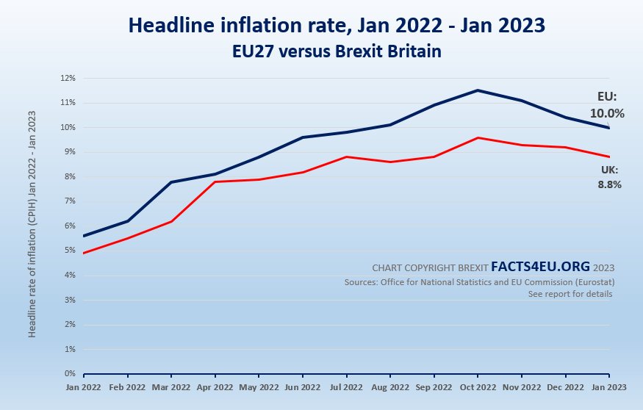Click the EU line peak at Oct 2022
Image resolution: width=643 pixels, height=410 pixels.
pyautogui.click(x=478, y=90)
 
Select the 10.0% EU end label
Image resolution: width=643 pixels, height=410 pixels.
pyautogui.click(x=607, y=114)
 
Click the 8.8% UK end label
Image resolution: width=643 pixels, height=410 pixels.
pyautogui.click(x=610, y=184)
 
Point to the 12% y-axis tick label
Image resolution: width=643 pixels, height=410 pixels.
pyautogui.click(x=68, y=78)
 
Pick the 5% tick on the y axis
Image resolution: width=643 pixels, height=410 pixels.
pyautogui.click(x=70, y=251)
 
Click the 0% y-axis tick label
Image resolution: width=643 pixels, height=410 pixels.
pyautogui.click(x=70, y=374)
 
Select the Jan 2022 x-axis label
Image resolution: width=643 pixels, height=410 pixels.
pyautogui.click(x=82, y=386)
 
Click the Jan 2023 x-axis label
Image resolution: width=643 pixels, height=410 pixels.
pyautogui.click(x=609, y=386)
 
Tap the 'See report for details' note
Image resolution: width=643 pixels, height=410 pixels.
pyautogui.click(x=570, y=294)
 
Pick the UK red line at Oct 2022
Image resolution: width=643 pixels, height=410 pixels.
pyautogui.click(x=478, y=137)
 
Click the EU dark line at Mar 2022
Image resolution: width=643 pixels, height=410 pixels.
pyautogui.click(x=171, y=182)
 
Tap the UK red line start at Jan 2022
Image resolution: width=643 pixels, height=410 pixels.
pyautogui.click(x=83, y=253)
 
